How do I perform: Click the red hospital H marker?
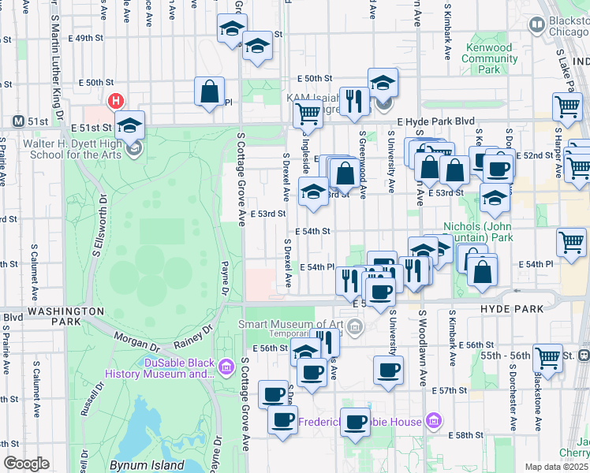[116, 101]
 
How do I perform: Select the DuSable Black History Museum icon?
[226, 367]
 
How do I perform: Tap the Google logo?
[26, 464]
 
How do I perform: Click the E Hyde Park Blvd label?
[436, 122]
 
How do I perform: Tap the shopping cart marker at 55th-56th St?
[547, 357]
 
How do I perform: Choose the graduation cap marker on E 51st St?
[130, 125]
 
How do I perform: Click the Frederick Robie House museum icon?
[432, 421]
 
